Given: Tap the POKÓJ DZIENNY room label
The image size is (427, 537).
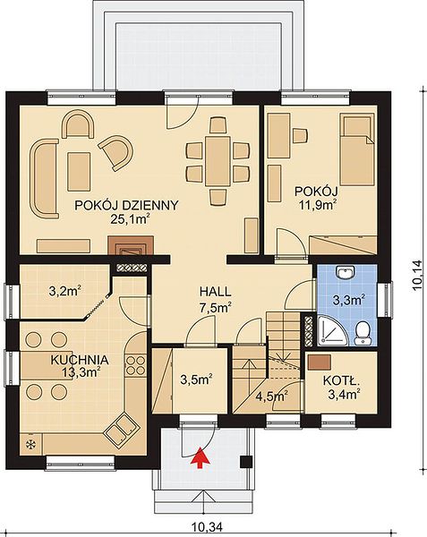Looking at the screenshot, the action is pos(127,206).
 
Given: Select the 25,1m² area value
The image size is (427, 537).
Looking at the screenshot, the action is pos(131,218).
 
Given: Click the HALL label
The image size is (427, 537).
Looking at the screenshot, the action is pos(216,292).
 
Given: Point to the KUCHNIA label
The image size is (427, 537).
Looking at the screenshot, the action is pos(80,360).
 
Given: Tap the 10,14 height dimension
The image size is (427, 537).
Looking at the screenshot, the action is pos(418,276).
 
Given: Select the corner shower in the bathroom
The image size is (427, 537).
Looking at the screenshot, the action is pos(328,330).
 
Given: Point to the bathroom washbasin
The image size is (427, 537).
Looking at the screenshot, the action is pos(346,273).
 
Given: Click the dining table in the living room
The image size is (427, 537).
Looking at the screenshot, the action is pos(218,161).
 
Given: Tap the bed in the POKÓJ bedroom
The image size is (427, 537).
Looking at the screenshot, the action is pos(356,150).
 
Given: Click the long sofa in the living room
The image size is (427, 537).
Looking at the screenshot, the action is pos(44,179).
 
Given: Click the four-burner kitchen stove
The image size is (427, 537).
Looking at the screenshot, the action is pos(136,365).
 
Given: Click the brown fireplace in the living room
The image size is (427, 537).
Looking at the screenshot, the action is pos(131,245).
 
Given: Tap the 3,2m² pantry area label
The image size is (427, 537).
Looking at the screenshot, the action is pos(65,292).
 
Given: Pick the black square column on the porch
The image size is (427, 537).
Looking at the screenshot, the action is pos(246,462).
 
